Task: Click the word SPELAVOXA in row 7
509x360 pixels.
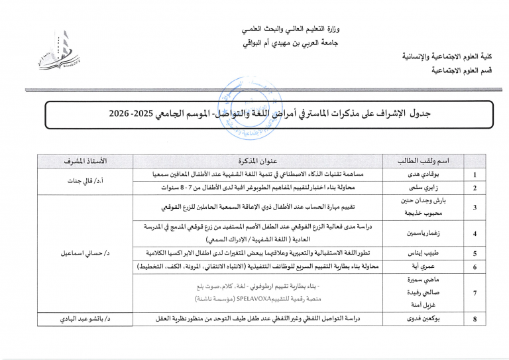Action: pyautogui.click(x=260, y=298)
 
